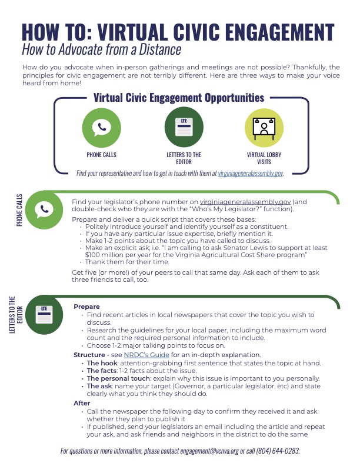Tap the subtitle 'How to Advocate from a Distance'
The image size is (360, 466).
[x=101, y=49]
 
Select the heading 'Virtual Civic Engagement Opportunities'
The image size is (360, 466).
[x=179, y=98]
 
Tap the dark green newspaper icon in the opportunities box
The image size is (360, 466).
[x=179, y=128]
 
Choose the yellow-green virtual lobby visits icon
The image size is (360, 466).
[x=259, y=128]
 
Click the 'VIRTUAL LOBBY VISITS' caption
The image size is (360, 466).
[x=259, y=158]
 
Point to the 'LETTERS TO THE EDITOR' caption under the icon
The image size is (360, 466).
[x=180, y=158]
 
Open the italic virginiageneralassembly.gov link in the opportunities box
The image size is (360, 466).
[x=250, y=173]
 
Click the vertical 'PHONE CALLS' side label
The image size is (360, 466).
[x=20, y=210]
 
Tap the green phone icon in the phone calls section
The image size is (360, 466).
[x=44, y=209]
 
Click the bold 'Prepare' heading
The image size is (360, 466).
[x=86, y=307]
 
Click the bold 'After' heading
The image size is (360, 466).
[x=82, y=402]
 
